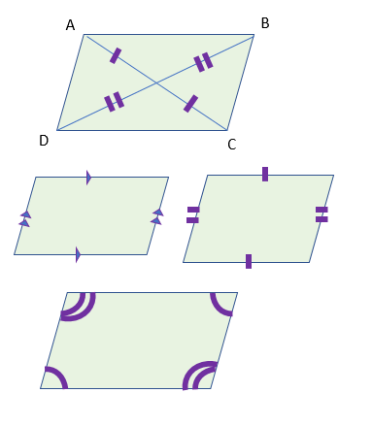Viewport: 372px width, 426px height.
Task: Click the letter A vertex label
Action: click(x=70, y=25)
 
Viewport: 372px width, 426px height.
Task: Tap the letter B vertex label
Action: click(x=265, y=22)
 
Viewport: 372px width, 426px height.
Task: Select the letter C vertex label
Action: click(x=231, y=145)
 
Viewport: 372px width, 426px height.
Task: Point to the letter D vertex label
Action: click(x=44, y=141)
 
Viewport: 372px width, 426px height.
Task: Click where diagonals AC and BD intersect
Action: click(x=155, y=82)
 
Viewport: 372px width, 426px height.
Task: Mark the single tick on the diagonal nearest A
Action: click(x=116, y=56)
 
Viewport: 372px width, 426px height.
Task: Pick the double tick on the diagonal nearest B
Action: click(x=203, y=62)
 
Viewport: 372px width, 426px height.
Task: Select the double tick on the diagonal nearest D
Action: click(x=114, y=101)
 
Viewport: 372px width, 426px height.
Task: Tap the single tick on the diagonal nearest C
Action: click(x=190, y=103)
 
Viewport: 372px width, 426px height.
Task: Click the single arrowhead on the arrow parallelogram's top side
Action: click(x=88, y=178)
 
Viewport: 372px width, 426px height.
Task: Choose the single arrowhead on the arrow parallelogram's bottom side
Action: click(x=78, y=254)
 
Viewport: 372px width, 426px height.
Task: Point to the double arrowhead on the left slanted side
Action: click(x=25, y=217)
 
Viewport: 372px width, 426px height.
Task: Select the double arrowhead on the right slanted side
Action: click(x=156, y=216)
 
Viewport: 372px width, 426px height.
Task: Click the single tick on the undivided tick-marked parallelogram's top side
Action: click(x=264, y=175)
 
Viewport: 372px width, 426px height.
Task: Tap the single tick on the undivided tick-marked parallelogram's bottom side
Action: click(x=249, y=261)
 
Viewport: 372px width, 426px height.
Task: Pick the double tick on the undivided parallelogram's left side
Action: click(x=192, y=215)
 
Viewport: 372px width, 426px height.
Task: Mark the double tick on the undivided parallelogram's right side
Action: click(x=321, y=214)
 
